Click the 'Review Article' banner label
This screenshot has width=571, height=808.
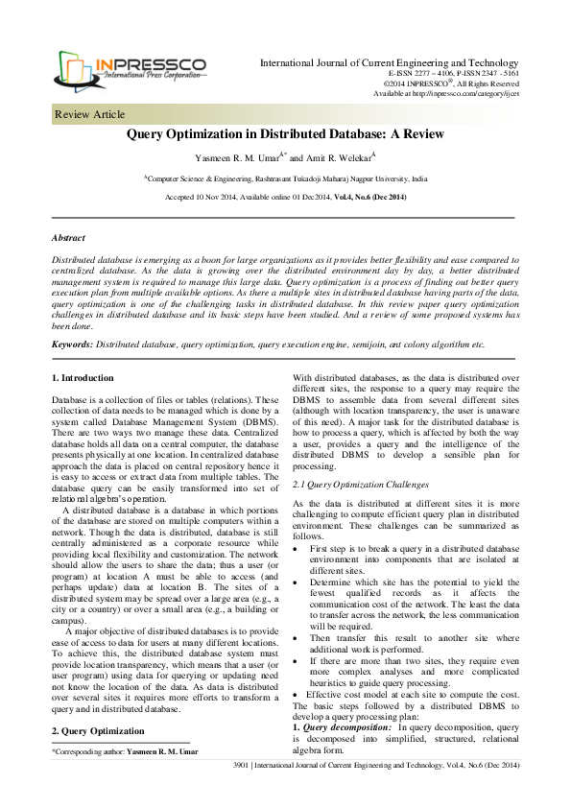click(x=90, y=115)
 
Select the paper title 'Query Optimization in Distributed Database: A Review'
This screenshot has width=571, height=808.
click(x=285, y=135)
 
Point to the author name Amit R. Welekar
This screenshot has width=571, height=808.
click(x=332, y=157)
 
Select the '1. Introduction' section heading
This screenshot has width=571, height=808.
click(x=83, y=378)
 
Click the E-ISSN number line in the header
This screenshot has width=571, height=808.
click(x=453, y=73)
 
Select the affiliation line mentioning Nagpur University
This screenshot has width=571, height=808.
click(x=285, y=179)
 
